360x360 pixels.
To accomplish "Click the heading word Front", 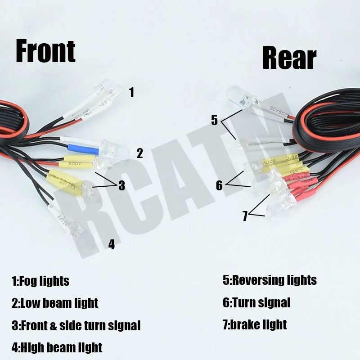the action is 45,52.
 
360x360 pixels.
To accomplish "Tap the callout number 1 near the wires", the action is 131,93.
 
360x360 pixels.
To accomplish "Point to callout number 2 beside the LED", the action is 139,153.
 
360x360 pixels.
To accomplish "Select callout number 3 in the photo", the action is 121,186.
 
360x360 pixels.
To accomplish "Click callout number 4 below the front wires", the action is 112,244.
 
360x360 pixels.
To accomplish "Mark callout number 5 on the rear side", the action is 214,120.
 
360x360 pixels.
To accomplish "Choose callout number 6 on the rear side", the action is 219,185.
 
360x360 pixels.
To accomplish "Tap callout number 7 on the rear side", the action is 245,216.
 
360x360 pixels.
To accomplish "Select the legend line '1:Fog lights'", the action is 40,281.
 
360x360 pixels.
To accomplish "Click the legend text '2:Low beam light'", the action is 55,303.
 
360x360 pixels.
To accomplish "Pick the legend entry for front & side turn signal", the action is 76,325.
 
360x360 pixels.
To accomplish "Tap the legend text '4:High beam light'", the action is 57,347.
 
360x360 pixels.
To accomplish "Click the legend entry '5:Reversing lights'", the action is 270,280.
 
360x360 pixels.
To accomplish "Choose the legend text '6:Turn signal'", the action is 256,302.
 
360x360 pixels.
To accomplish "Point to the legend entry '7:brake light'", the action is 255,324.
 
